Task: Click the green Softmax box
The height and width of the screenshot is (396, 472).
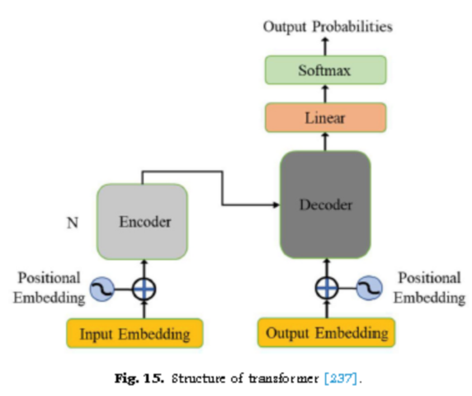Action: pyautogui.click(x=325, y=70)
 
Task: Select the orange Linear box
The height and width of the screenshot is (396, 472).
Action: pyautogui.click(x=325, y=118)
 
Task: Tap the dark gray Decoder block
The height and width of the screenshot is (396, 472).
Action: pyautogui.click(x=325, y=205)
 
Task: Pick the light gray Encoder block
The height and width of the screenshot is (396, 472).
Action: pyautogui.click(x=143, y=222)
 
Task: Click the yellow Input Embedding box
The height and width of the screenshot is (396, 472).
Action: pyautogui.click(x=135, y=333)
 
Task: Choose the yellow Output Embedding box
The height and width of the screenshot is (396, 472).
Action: pyautogui.click(x=326, y=332)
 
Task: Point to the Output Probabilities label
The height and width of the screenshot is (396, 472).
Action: pyautogui.click(x=328, y=26)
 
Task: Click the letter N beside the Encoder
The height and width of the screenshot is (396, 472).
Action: pyautogui.click(x=73, y=223)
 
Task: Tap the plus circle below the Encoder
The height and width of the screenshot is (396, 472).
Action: pyautogui.click(x=144, y=290)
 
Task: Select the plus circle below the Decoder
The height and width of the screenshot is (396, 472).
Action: pyautogui.click(x=328, y=288)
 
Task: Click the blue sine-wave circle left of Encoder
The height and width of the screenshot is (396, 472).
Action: pyautogui.click(x=102, y=290)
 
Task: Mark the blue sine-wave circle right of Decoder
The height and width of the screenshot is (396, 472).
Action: pyautogui.click(x=370, y=288)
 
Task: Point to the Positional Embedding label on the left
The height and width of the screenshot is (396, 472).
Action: pyautogui.click(x=50, y=288)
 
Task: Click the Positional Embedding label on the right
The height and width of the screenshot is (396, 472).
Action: pyautogui.click(x=430, y=288)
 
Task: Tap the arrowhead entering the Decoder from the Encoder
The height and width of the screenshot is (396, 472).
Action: pyautogui.click(x=276, y=205)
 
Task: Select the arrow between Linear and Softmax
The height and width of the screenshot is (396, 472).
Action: pyautogui.click(x=325, y=94)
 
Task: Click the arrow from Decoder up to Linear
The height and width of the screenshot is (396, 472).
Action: pyautogui.click(x=325, y=142)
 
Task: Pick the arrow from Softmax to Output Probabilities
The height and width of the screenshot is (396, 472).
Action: pyautogui.click(x=325, y=46)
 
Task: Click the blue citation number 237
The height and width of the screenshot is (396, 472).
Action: pyautogui.click(x=341, y=378)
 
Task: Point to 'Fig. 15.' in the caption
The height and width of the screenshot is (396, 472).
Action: pyautogui.click(x=139, y=378)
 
